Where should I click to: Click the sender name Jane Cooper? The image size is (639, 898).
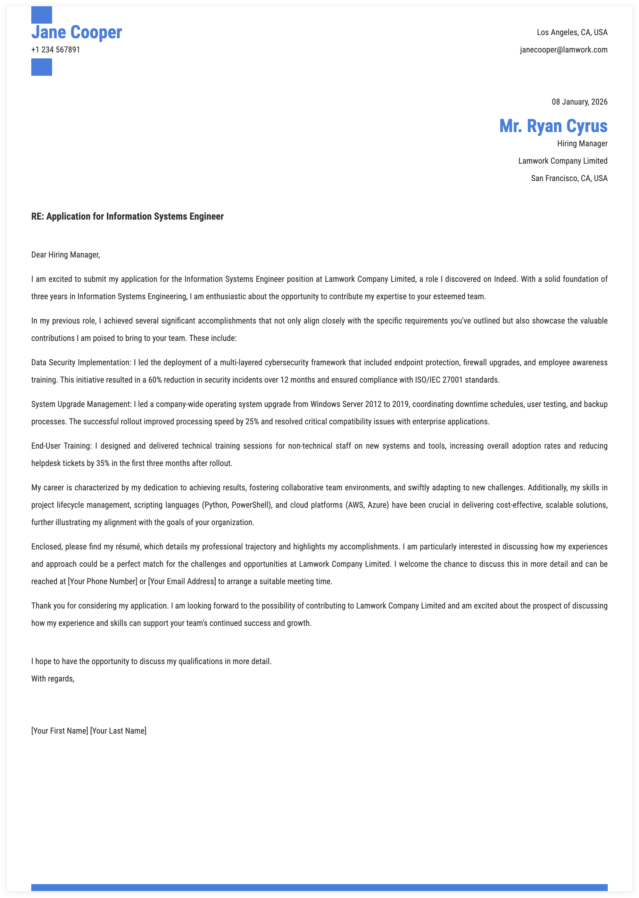pos(76,32)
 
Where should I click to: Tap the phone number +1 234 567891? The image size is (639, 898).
pos(56,50)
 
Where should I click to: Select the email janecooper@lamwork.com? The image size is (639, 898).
pos(563,50)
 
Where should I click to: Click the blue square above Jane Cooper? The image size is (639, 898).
pos(42,15)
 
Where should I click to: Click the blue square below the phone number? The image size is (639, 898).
pos(42,67)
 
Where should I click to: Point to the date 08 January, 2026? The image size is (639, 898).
pos(579,102)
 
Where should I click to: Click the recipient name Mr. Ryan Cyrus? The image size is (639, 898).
pos(553,126)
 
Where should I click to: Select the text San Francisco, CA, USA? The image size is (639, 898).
pos(569,178)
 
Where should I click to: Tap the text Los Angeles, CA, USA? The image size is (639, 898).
pos(572,32)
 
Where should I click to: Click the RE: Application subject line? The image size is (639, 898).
pos(127,217)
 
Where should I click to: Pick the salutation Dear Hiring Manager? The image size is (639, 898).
pos(66,255)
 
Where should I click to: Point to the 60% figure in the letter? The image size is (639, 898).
pos(155,380)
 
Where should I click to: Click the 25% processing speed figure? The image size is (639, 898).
pos(252,422)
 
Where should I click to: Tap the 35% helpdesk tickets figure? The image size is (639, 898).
pos(103,463)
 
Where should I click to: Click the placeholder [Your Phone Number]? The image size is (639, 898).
pos(102,581)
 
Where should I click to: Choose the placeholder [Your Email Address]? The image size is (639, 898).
pos(182,581)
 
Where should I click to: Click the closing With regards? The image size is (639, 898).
pos(53,679)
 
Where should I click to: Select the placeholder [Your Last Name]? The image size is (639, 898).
pos(118,731)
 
